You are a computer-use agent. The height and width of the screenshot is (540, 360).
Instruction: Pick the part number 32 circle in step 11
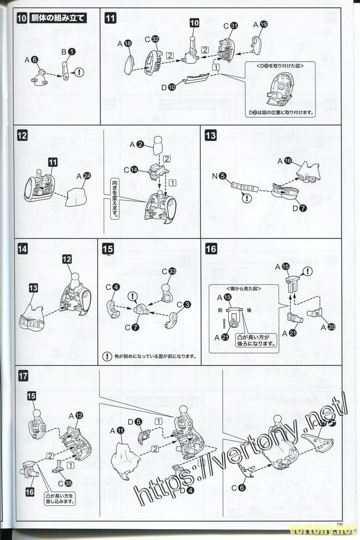pyautogui.click(x=155, y=40)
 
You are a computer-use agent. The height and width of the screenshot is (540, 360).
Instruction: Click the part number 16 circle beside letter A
pyautogui.click(x=288, y=161)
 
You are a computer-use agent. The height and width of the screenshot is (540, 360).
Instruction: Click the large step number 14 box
pyautogui.click(x=23, y=248)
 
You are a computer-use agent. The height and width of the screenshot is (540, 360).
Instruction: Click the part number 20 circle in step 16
pyautogui.click(x=331, y=328)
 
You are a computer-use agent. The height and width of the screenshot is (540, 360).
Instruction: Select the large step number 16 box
pyautogui.click(x=211, y=248)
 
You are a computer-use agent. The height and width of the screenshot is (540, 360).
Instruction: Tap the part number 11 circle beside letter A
pyautogui.click(x=120, y=431)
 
